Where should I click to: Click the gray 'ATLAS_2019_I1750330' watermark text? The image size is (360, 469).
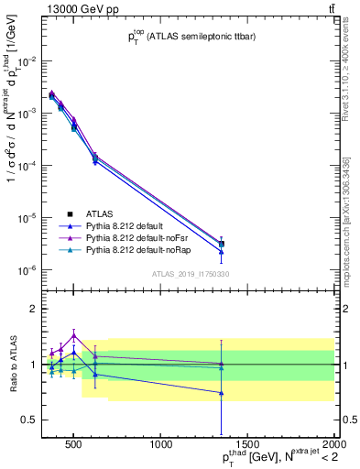190,273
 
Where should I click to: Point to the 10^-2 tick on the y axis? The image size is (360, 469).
28,60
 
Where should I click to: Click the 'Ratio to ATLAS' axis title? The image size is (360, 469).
11,365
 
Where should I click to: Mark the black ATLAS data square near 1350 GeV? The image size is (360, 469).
222,244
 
